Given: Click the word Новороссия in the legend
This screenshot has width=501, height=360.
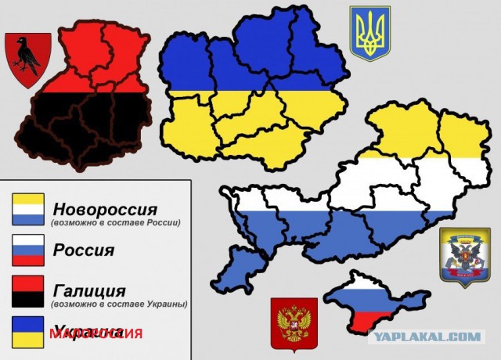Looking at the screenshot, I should (x=105, y=210).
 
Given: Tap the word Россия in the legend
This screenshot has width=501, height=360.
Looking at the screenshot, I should (x=83, y=250).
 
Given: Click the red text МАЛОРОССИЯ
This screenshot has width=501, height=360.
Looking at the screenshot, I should (x=96, y=333).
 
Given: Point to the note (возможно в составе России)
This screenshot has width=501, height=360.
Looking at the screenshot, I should (x=116, y=223).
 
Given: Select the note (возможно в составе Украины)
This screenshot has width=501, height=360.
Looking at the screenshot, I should (x=119, y=304).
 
